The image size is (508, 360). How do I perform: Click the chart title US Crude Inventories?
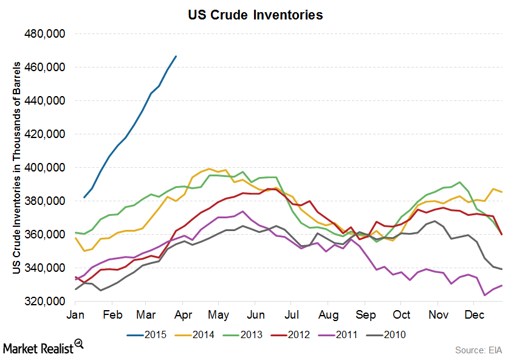pos(255,15)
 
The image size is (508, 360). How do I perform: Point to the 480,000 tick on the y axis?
pos(44,34)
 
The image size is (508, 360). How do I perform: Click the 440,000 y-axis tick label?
pos(44,101)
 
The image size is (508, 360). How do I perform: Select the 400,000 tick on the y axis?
pos(44,168)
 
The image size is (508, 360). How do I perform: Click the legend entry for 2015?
pos(149,334)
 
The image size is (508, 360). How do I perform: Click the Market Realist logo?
pos(43,347)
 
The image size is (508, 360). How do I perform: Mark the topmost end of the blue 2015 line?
pos(176,56)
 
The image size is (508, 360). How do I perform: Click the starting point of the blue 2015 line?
pos(84,198)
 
